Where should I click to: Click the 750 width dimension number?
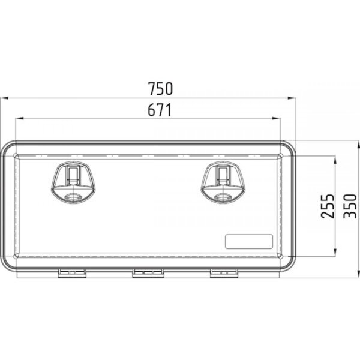point(160,89)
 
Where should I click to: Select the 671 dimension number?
point(160,110)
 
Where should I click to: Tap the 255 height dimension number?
point(328,206)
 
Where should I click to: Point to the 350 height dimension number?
point(350,206)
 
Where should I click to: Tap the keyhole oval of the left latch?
point(73,197)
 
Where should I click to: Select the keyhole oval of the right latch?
point(223,197)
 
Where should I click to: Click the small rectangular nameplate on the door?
point(249,242)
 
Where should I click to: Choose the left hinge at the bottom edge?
point(72,273)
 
